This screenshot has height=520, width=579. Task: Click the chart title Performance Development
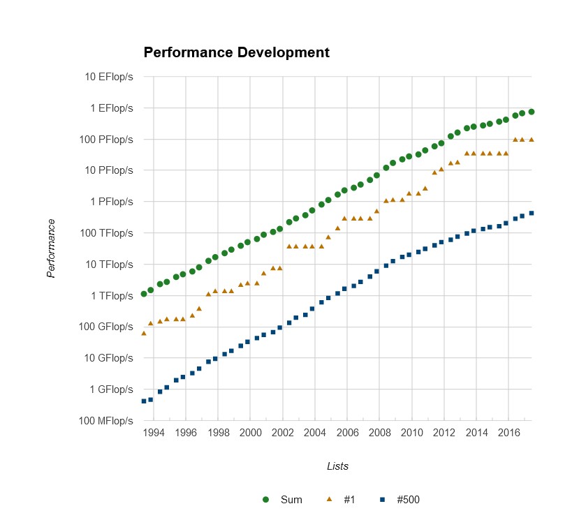click(236, 52)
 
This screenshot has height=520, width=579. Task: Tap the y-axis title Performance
click(51, 248)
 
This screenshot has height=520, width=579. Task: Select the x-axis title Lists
click(337, 466)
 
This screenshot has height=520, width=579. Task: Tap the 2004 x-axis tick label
click(315, 433)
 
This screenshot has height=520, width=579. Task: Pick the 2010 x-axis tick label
click(412, 433)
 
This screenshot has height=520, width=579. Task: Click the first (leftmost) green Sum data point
click(143, 294)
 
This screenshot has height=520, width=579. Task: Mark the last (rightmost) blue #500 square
click(532, 213)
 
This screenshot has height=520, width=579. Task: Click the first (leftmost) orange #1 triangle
click(143, 333)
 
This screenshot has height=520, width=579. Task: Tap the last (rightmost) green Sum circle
click(532, 112)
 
